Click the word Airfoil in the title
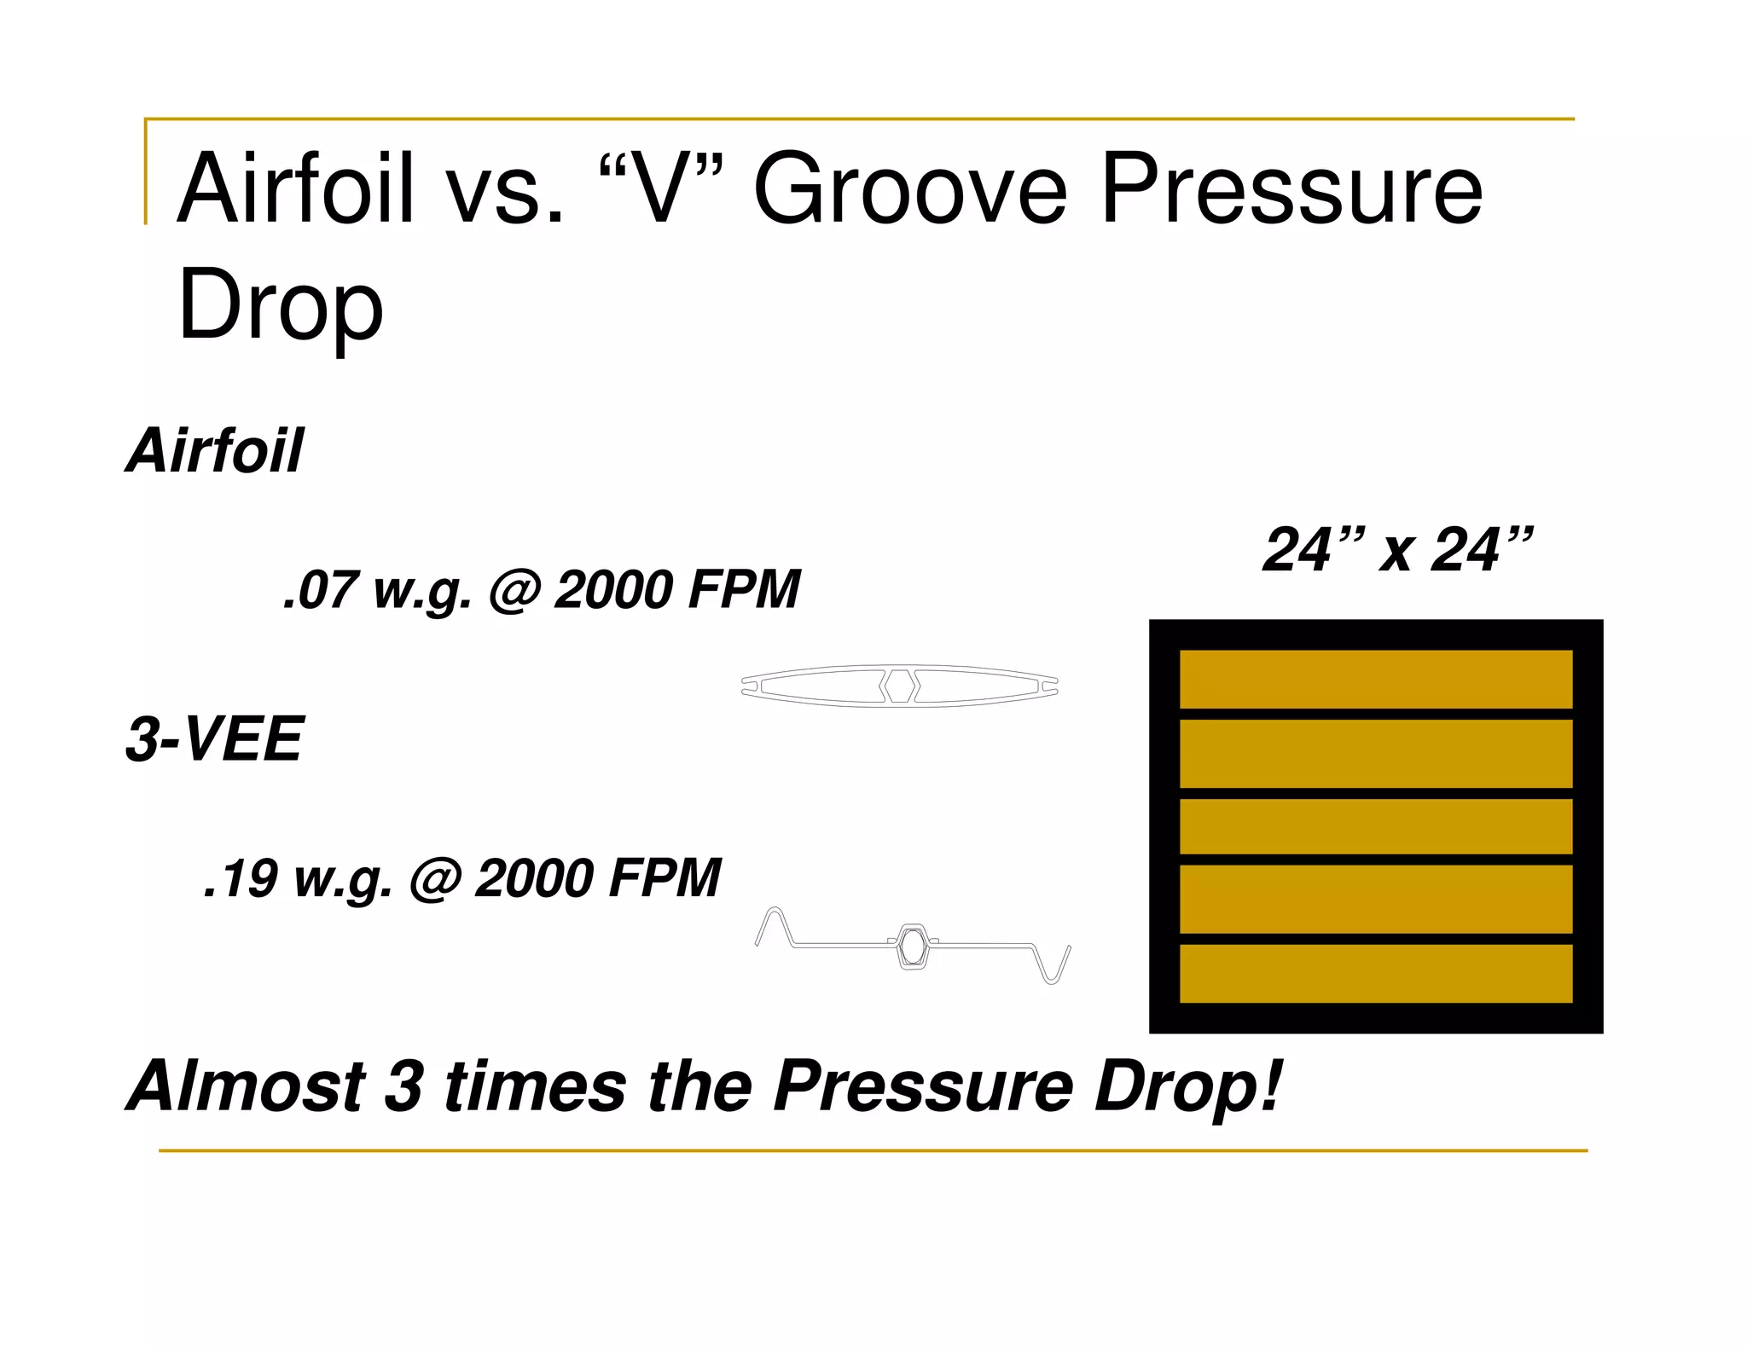pos(294,189)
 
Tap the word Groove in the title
pos(909,189)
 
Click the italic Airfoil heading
pos(215,451)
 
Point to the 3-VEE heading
pos(214,739)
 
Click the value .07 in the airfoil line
pos(319,590)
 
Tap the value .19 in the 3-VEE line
pos(241,878)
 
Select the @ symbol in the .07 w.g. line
pos(514,591)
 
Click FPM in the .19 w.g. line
pos(665,878)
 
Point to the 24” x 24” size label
pos(1397,550)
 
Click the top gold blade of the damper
pos(1375,679)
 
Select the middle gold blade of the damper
pos(1375,826)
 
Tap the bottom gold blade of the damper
pos(1375,973)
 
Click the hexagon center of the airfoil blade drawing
pos(899,686)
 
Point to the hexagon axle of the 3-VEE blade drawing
pos(913,946)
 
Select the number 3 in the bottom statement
pos(403,1086)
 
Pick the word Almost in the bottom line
pos(247,1086)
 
